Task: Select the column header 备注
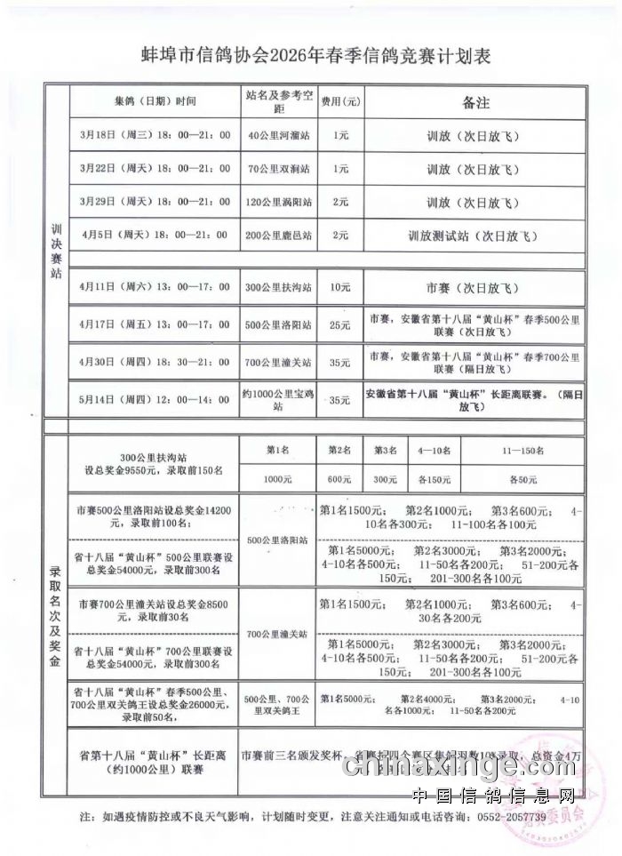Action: (476, 103)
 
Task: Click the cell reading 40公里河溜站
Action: (279, 136)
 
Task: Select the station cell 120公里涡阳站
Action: (279, 202)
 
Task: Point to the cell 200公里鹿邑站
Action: (279, 236)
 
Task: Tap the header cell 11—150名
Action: (522, 451)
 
